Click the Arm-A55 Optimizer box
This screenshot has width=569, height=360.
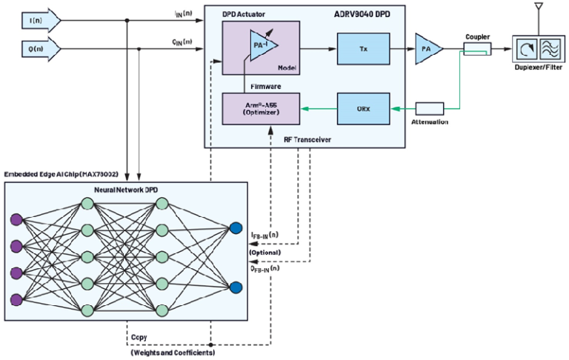pos(262,108)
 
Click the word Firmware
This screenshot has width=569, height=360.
pos(264,87)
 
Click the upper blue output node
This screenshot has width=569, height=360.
pos(236,228)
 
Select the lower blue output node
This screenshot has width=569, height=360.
pos(236,287)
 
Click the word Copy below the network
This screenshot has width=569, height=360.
pos(139,336)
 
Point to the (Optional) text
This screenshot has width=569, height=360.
pos(264,253)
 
